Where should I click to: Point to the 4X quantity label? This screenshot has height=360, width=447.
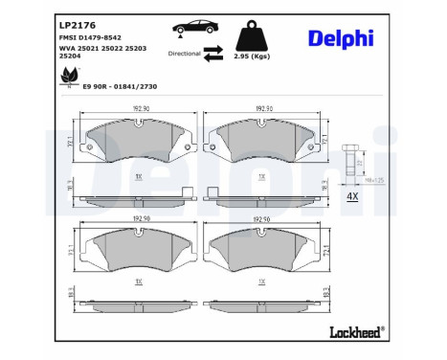tap(349, 198)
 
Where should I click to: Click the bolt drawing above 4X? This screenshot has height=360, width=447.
tap(349, 159)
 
